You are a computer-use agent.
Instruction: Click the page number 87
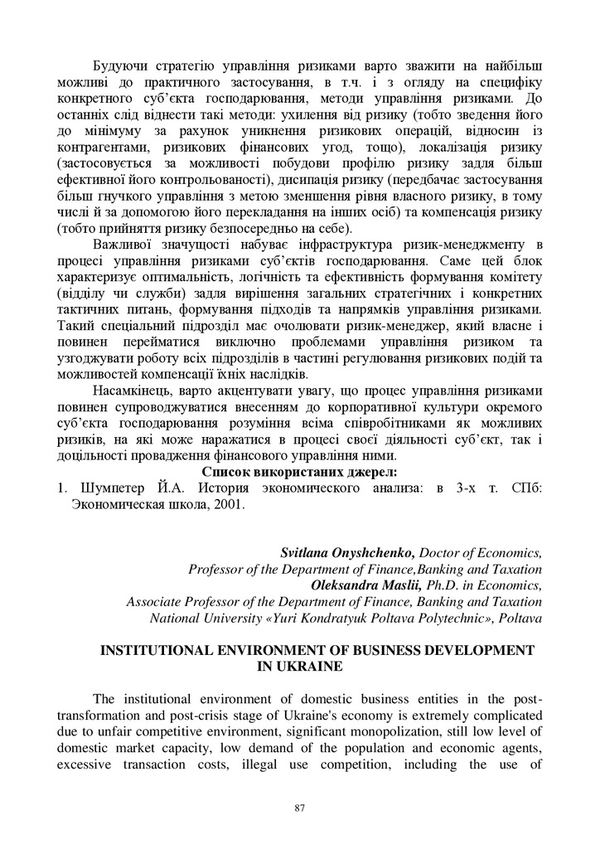click(300, 808)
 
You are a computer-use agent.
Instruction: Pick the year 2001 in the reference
click(230, 505)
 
